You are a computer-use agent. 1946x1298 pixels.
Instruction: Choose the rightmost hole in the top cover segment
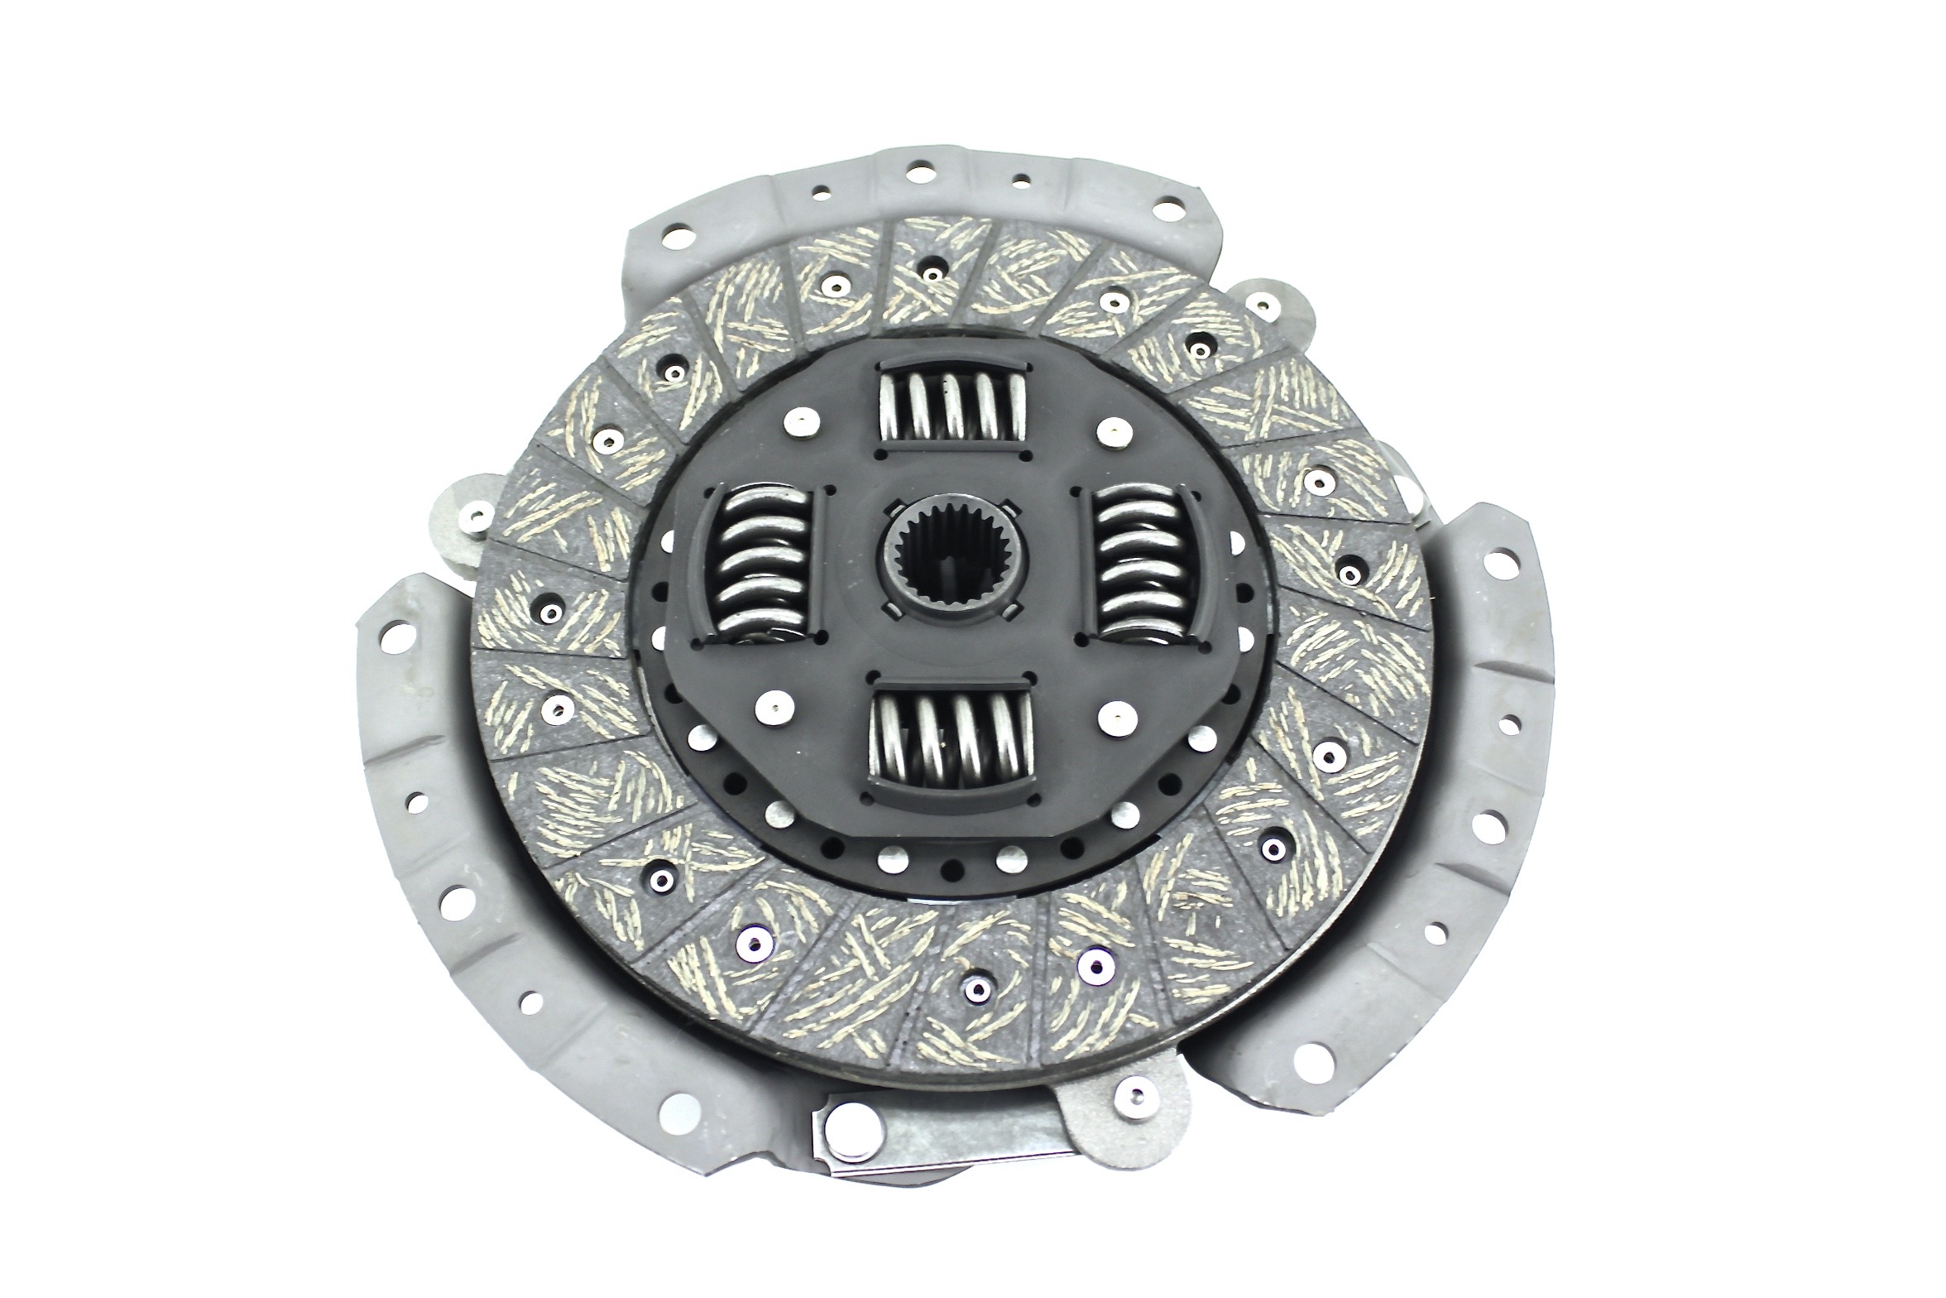pos(1169,206)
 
